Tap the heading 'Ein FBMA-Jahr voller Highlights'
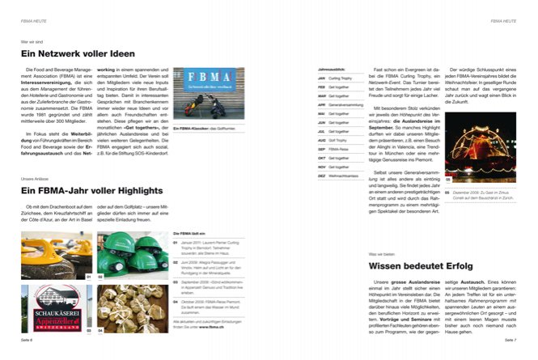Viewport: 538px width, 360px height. pos(92,190)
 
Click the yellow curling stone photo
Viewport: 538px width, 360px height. pos(56,255)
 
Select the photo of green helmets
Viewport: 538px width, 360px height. pos(132,255)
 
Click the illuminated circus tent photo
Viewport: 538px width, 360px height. pos(484,156)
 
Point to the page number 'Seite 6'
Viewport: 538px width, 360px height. pos(28,341)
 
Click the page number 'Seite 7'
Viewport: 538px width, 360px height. pos(509,341)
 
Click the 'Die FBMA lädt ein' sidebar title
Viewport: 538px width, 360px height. pos(192,232)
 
